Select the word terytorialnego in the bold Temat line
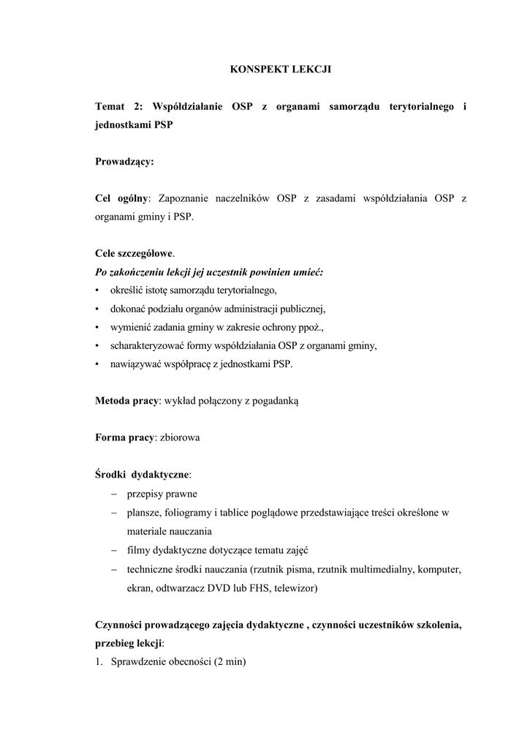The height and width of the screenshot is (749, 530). [x=418, y=107]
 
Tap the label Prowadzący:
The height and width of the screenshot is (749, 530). [x=124, y=162]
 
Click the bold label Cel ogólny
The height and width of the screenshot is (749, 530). [x=121, y=198]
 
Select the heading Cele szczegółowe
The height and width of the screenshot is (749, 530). [x=135, y=254]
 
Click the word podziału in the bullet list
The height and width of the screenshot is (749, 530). [x=172, y=309]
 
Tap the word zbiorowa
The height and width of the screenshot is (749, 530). [x=180, y=437]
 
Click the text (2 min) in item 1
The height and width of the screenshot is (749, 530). [x=230, y=662]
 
